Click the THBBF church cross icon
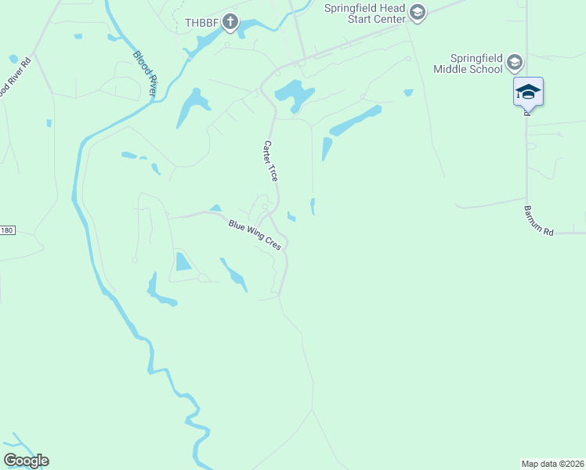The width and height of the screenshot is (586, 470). (x=230, y=22)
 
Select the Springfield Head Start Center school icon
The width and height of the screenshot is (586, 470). (x=417, y=12)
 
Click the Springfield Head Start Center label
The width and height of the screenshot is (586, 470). (x=365, y=13)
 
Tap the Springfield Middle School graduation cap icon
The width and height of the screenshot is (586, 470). (x=514, y=62)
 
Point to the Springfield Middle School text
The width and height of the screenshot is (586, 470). (x=468, y=63)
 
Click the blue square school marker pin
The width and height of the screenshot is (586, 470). (x=528, y=92)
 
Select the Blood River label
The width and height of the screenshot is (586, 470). (x=146, y=74)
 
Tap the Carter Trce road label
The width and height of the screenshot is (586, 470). (x=270, y=161)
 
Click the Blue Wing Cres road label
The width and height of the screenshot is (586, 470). (x=255, y=235)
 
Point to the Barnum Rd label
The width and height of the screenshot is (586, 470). (x=538, y=221)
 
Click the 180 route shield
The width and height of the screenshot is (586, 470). (x=7, y=230)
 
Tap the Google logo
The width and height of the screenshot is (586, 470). (x=26, y=461)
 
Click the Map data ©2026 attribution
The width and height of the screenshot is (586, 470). (x=552, y=464)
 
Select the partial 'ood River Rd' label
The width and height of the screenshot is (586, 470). (x=15, y=77)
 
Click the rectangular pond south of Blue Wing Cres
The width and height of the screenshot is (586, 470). (x=183, y=262)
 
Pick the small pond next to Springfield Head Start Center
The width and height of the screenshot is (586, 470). (x=408, y=92)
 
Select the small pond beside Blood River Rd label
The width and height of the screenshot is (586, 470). (x=13, y=59)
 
